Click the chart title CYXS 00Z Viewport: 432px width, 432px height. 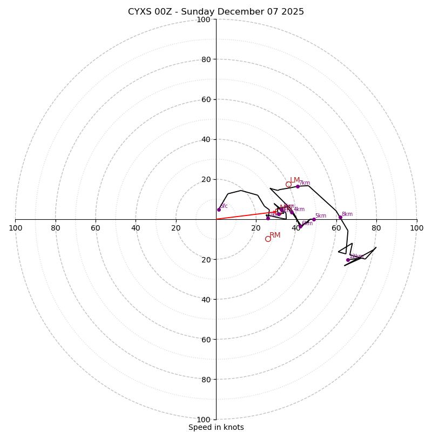(216, 12)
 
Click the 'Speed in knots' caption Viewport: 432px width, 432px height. (216, 427)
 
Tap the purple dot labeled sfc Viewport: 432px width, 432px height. (219, 210)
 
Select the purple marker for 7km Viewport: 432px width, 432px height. (298, 186)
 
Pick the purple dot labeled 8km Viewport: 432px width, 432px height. (340, 217)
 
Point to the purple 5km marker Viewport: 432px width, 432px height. (314, 219)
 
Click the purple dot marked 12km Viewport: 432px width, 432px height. (348, 260)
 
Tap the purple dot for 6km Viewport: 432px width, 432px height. (300, 226)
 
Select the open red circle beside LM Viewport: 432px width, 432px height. (288, 184)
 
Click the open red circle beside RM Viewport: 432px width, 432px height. (268, 239)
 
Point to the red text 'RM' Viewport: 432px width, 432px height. (275, 235)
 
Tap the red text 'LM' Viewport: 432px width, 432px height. (295, 180)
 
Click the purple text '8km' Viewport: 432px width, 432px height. (347, 214)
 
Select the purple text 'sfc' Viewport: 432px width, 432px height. (224, 206)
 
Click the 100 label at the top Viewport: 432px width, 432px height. (204, 19)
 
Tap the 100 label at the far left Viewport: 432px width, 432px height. (15, 228)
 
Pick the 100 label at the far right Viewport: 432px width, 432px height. (416, 228)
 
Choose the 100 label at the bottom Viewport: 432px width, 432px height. (204, 419)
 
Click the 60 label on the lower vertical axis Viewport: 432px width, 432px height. (205, 339)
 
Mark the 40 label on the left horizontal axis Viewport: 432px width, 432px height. (136, 228)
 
